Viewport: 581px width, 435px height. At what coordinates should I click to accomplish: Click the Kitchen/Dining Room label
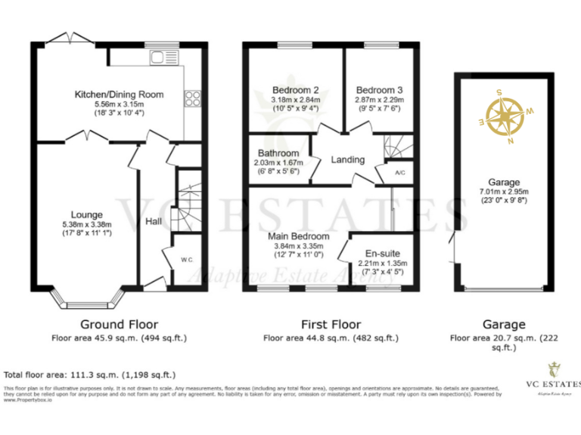tap(119, 94)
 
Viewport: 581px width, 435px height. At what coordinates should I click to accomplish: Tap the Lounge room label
tap(88, 214)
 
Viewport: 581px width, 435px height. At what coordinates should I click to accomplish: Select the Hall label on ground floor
tap(154, 221)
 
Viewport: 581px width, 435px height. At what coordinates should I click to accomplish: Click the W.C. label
tap(187, 261)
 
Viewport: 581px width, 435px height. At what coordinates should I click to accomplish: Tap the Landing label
tap(348, 159)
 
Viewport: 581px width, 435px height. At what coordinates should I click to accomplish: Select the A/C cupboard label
tap(399, 171)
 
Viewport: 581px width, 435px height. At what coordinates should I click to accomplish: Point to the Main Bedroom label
tap(300, 236)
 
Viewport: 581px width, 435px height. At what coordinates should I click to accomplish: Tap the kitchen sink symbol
tap(158, 56)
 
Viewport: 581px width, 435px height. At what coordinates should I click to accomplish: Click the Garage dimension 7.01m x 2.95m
tap(503, 193)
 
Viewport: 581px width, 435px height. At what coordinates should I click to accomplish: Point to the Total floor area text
tap(89, 375)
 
